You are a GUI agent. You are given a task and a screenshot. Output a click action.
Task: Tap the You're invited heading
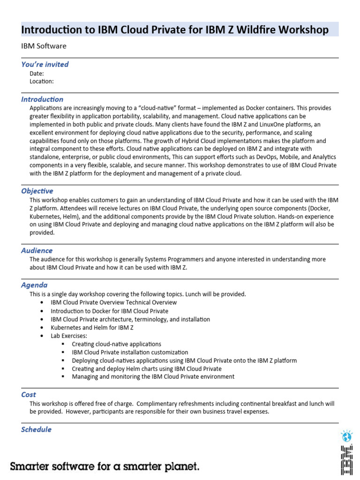click(45, 64)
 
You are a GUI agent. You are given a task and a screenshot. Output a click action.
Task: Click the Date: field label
click(37, 74)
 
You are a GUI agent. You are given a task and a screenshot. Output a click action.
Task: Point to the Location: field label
click(42, 81)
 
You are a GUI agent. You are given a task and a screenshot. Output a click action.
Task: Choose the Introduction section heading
click(42, 99)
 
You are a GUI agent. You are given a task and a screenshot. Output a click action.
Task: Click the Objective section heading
click(37, 191)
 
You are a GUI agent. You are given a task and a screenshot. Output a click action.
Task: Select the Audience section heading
click(37, 250)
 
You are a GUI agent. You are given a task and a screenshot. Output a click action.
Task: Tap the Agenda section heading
click(34, 285)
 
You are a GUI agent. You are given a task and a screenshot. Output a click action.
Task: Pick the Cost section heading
click(29, 395)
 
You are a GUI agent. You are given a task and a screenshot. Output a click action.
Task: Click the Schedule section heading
click(36, 429)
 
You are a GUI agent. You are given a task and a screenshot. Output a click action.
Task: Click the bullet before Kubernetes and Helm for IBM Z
click(42, 328)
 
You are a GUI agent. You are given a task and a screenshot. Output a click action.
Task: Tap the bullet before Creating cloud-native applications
click(63, 344)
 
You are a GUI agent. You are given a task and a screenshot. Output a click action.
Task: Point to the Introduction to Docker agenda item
click(109, 311)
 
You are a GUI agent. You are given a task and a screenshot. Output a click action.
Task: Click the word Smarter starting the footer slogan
click(31, 466)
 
